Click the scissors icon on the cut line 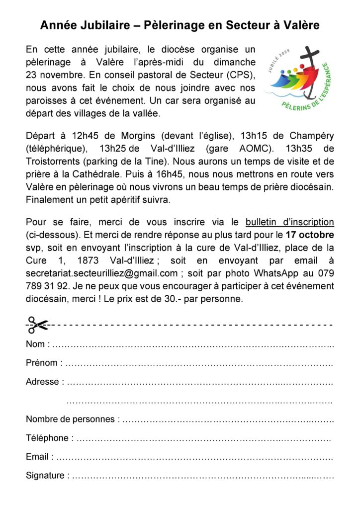(x=37, y=325)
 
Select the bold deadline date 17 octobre (x=309, y=234)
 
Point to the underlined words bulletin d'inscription (x=290, y=222)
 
